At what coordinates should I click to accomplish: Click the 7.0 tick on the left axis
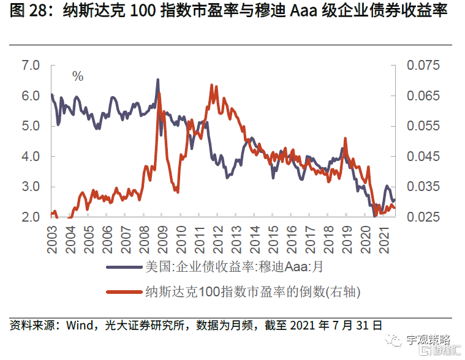(x=30, y=66)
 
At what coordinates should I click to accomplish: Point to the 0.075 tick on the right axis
(x=424, y=66)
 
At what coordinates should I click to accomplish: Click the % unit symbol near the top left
(x=78, y=77)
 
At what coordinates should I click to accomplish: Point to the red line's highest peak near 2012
(x=211, y=85)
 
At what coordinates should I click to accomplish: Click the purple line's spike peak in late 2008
(x=158, y=80)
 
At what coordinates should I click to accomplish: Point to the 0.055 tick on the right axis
(x=424, y=126)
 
